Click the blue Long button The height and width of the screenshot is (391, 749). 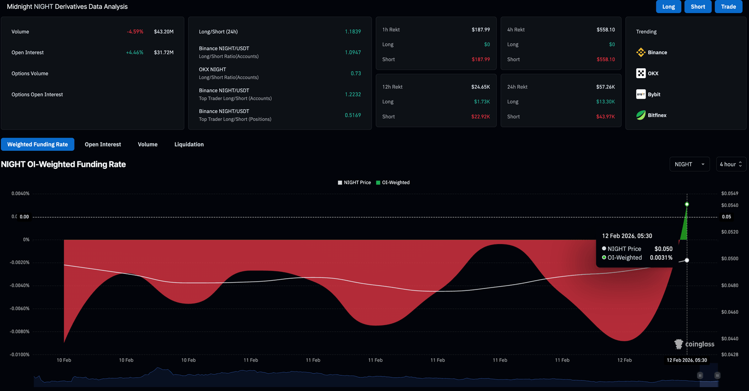click(669, 7)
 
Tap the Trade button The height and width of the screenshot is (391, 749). click(729, 7)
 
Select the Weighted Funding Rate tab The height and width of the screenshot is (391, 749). click(38, 144)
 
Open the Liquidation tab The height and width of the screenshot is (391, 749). click(189, 144)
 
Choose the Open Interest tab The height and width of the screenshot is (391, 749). click(103, 144)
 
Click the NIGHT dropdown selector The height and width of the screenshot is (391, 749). click(689, 165)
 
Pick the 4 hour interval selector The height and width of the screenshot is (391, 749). click(730, 165)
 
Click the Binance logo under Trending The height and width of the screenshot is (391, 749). click(641, 52)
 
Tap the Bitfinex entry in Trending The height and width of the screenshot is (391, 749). click(656, 115)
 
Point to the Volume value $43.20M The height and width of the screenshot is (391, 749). click(163, 32)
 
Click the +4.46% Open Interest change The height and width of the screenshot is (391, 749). click(135, 53)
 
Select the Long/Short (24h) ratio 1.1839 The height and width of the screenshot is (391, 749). click(353, 32)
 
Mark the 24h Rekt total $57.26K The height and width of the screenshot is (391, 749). click(605, 87)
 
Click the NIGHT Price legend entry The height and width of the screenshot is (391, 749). click(355, 183)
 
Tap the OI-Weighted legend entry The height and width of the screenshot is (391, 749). click(393, 183)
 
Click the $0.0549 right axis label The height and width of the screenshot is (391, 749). click(729, 194)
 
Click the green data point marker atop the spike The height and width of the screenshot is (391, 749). click(687, 204)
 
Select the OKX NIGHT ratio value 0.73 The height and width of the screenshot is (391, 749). click(355, 73)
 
